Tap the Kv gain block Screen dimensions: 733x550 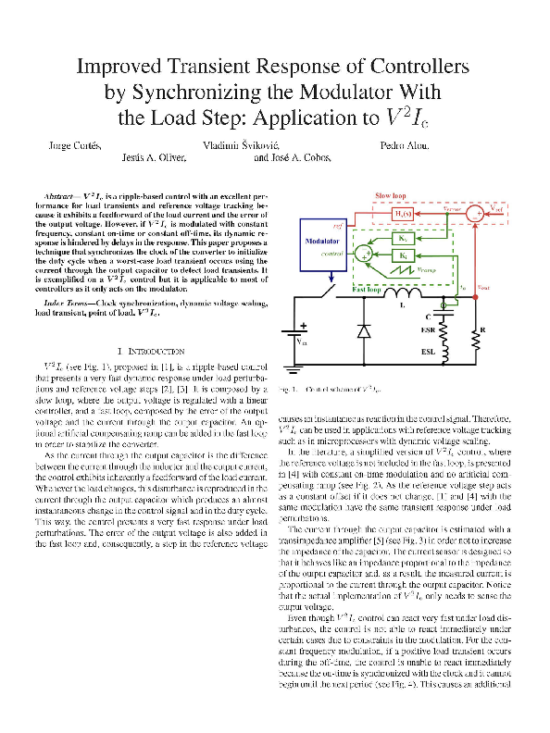(x=404, y=236)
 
